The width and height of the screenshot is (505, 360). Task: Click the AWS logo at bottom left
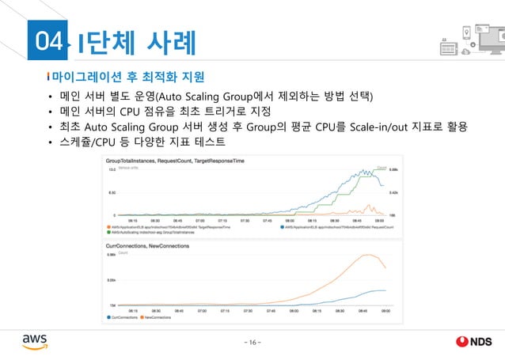point(35,339)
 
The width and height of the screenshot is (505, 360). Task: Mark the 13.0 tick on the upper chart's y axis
point(112,169)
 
